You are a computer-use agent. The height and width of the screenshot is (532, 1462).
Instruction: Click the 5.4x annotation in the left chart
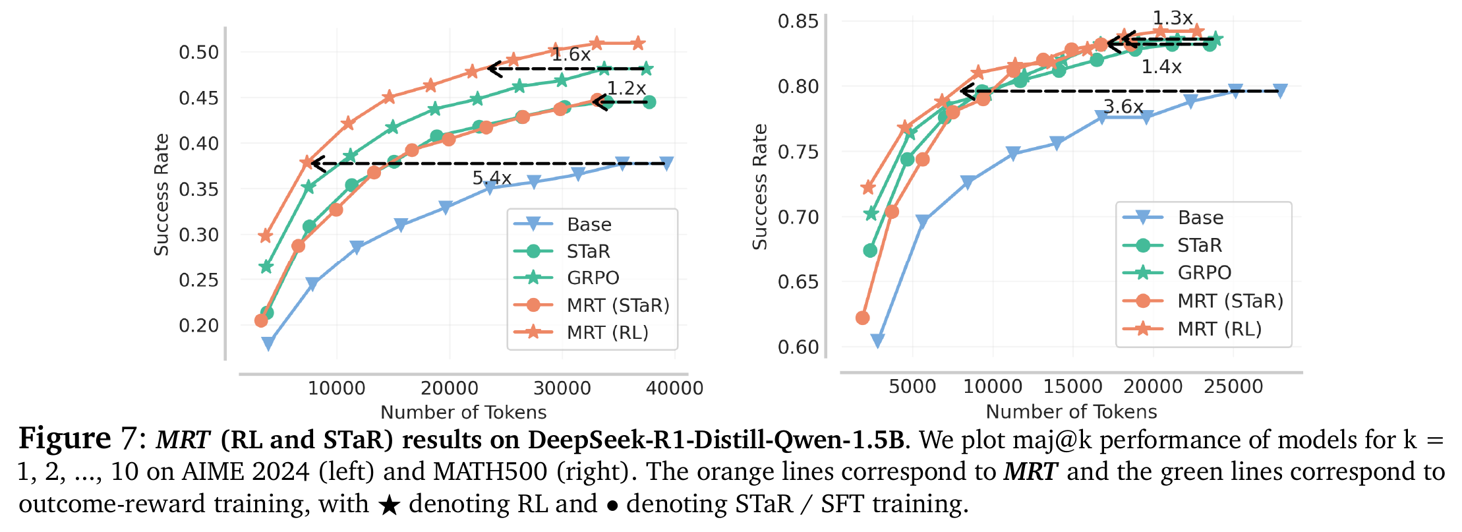(x=492, y=178)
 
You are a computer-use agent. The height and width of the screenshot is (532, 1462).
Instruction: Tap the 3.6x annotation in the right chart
(x=1123, y=106)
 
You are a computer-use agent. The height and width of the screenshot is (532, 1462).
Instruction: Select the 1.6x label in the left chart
(x=571, y=55)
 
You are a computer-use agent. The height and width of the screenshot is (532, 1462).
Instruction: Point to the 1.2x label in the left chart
(x=626, y=88)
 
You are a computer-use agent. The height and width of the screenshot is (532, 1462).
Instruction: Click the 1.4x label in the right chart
(x=1161, y=67)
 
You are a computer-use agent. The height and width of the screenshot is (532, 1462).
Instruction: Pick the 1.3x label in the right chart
(x=1173, y=18)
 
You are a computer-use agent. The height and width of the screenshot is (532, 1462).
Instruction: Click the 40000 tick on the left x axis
(x=674, y=388)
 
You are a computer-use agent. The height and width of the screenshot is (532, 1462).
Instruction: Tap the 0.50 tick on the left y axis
(x=198, y=52)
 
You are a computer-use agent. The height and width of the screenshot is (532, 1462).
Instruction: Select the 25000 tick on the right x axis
(x=1233, y=386)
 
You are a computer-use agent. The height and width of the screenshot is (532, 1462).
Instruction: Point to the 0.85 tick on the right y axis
(x=798, y=21)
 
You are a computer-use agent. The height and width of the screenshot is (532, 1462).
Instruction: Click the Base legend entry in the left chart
(x=589, y=225)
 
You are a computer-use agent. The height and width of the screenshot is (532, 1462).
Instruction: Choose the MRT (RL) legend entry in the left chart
(x=607, y=332)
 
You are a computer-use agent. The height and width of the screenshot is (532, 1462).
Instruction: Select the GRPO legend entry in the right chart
(x=1204, y=272)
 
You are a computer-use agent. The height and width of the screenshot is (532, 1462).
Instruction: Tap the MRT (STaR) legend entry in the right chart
(x=1230, y=301)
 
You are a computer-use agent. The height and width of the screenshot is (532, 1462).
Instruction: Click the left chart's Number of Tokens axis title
(x=463, y=412)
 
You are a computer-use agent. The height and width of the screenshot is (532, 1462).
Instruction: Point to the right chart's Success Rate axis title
(x=760, y=187)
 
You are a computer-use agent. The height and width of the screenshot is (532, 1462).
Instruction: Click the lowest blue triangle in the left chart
(x=268, y=343)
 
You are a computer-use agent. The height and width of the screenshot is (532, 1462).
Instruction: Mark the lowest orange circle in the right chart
(x=862, y=318)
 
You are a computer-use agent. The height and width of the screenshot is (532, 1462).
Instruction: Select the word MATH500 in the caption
(x=490, y=471)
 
